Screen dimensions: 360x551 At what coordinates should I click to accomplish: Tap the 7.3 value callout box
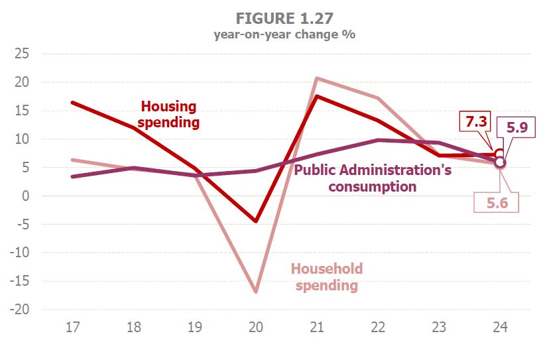[477, 122]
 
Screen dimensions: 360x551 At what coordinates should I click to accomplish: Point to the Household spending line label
[327, 277]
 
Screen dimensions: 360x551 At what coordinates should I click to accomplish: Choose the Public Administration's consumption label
[373, 178]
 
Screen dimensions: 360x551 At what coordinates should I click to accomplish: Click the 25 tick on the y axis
[23, 54]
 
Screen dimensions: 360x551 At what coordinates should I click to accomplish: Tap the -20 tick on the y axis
[20, 310]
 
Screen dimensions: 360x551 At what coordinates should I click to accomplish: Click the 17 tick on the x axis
[72, 327]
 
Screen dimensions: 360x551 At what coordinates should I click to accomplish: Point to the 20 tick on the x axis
[255, 327]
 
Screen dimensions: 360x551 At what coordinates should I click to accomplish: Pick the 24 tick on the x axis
[499, 327]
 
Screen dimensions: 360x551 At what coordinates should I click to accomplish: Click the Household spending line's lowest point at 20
[255, 292]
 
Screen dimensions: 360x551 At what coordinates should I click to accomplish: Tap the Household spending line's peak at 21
[316, 78]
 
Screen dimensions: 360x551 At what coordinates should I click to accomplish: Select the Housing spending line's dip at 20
[255, 221]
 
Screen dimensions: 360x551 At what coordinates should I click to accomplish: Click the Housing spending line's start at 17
[72, 103]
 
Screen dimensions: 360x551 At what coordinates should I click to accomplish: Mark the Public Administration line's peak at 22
[377, 140]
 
